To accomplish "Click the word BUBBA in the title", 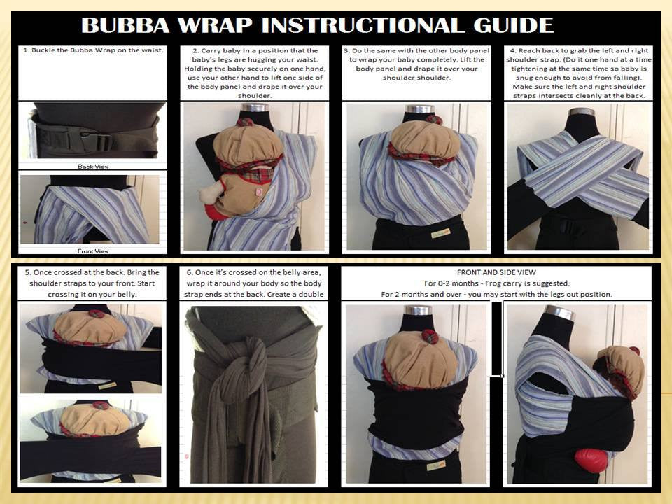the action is coord(125,25).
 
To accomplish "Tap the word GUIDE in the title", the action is coord(513,25).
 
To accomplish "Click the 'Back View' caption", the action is coord(93,167).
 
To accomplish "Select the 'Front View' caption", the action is coord(93,251).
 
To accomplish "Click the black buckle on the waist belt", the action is coord(99,141).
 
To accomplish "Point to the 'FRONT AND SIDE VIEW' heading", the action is coord(496,272).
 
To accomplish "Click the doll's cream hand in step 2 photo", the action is coord(212,193).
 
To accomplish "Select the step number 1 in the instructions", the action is coord(25,50).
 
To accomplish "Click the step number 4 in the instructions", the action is coord(513,50).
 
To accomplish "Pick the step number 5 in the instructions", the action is coord(28,272).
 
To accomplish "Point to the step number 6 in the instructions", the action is coord(190,272).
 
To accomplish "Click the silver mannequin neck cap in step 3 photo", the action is coord(419,108).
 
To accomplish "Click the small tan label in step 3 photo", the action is coord(440,234).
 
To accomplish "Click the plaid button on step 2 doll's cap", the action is coord(245,122).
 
